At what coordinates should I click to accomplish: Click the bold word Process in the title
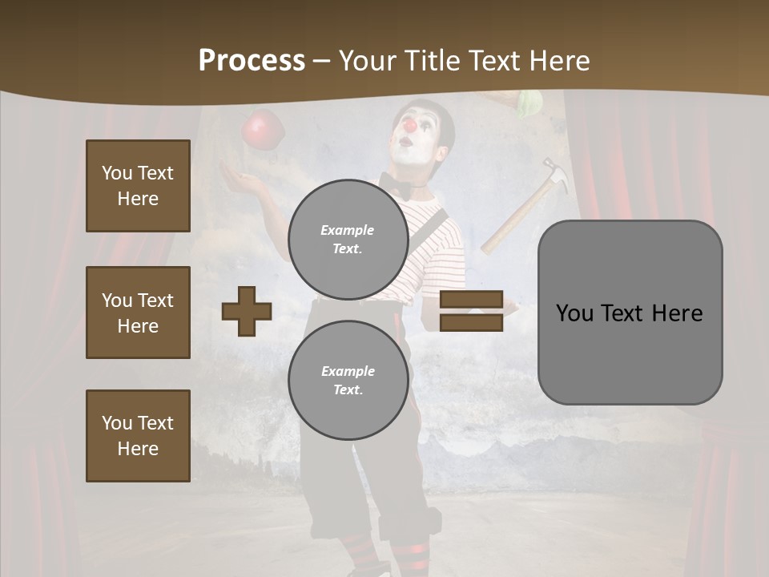252,61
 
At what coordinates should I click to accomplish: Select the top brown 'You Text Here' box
138,186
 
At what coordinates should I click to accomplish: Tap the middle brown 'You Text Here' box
138,313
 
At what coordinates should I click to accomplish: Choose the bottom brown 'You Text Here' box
138,435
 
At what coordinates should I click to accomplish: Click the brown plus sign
247,311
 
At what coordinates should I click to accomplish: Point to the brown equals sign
471,311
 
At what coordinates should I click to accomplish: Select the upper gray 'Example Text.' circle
348,239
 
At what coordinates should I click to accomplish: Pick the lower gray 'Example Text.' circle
348,380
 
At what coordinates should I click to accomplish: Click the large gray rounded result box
630,313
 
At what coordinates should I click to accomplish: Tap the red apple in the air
264,130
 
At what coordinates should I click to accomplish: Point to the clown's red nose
409,126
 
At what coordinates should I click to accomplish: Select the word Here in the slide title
558,61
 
